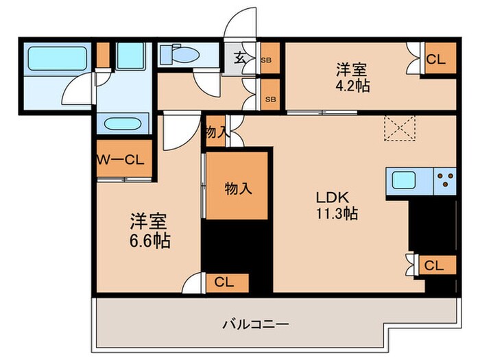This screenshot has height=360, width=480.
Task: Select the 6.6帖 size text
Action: tap(151, 241)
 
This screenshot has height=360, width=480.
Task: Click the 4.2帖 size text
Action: tap(351, 87)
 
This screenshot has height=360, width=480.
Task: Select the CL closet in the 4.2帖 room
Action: tap(435, 60)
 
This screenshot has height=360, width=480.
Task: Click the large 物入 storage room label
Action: tap(237, 188)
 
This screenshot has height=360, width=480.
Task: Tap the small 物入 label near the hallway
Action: tap(215, 132)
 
